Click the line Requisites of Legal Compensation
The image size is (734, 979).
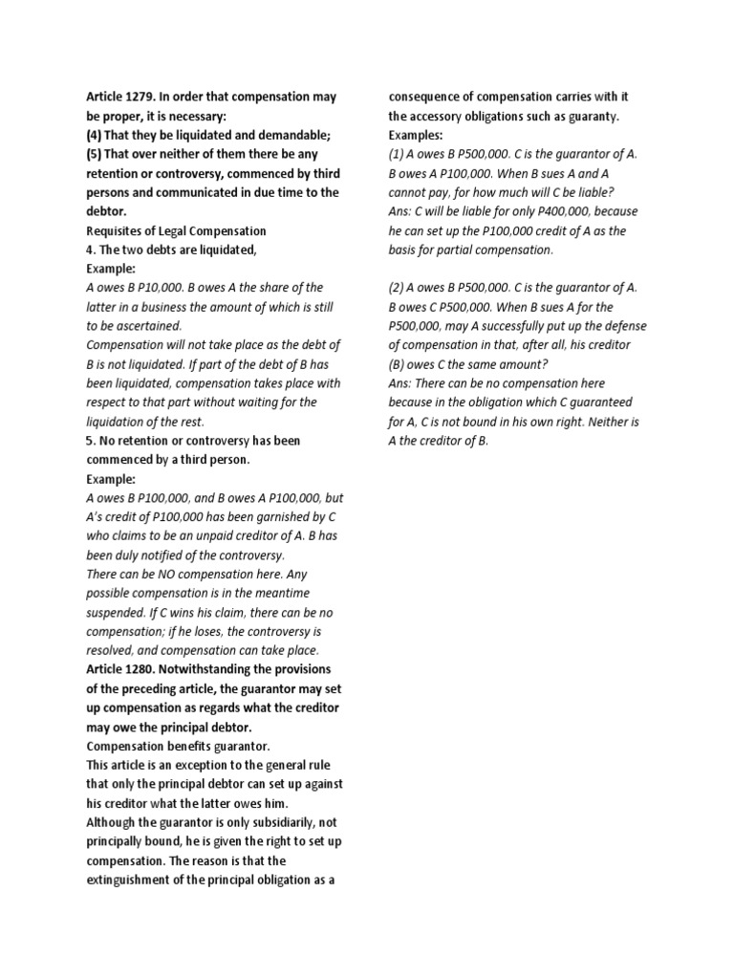pos(176,230)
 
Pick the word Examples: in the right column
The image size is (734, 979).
pos(416,135)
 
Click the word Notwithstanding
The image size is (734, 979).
pos(203,670)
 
